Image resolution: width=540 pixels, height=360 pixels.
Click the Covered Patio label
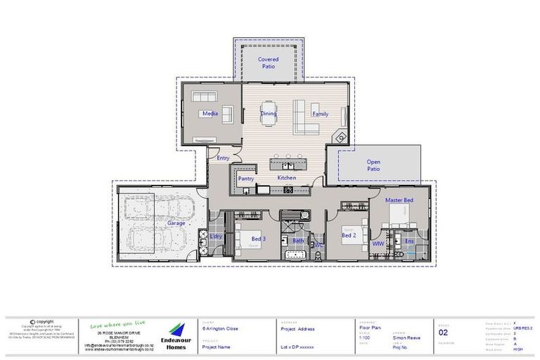point(268,63)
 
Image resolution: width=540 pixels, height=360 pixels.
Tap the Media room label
point(210,113)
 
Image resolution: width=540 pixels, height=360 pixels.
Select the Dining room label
point(269,113)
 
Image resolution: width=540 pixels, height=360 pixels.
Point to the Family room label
point(320,113)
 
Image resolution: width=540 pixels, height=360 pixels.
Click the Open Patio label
point(373,165)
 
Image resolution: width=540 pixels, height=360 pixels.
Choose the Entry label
point(223,158)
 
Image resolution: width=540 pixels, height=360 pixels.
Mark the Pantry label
point(245,179)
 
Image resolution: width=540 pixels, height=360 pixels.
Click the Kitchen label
point(287,179)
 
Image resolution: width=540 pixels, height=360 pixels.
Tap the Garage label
point(176,223)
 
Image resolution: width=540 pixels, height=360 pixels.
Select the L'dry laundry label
point(217,236)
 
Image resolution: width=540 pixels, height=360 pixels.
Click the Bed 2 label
point(349,236)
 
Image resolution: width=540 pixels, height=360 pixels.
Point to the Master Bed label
point(399,200)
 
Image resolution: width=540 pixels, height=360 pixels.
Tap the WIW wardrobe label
point(378,243)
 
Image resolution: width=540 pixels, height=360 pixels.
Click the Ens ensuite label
point(410,242)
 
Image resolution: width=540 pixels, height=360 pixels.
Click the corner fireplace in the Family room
point(340,137)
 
